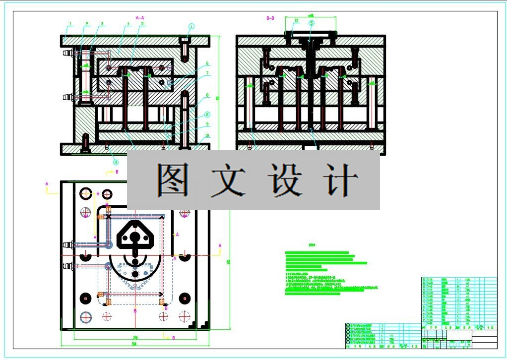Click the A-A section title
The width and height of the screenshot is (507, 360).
(139, 18)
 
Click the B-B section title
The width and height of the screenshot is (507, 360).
(270, 18)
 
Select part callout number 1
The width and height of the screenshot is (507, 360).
(71, 24)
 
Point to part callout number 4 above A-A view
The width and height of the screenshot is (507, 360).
(127, 24)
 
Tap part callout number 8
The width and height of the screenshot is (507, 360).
(208, 95)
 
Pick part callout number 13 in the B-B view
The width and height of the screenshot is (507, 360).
(296, 21)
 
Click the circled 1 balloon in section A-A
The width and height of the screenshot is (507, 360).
(191, 27)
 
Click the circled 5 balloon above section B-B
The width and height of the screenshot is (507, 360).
(312, 23)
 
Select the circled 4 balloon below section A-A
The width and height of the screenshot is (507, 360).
(116, 162)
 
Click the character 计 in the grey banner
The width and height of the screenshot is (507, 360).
(340, 180)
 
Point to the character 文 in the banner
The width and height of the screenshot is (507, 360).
(228, 180)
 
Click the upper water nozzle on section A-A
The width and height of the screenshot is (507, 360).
(67, 53)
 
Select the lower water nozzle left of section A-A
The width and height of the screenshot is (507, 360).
(67, 97)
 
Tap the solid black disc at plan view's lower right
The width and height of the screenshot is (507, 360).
(185, 298)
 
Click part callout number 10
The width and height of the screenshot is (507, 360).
(208, 135)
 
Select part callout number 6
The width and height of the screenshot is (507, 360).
(208, 63)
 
